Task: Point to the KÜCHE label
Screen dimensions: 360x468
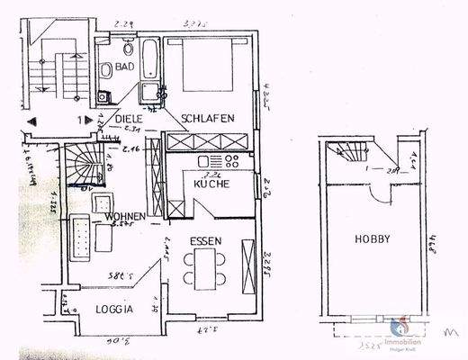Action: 212,184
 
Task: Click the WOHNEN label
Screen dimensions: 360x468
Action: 121,218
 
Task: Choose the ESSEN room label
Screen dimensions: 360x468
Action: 205,242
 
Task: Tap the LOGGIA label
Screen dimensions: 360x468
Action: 115,309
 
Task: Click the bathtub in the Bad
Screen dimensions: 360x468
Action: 148,60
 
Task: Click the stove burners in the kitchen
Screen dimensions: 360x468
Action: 229,163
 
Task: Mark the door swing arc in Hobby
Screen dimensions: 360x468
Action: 383,188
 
